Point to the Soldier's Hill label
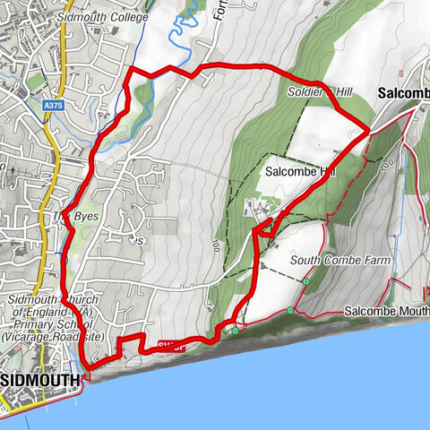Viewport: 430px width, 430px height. pyautogui.click(x=320, y=92)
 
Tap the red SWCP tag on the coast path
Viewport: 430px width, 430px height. pyautogui.click(x=172, y=344)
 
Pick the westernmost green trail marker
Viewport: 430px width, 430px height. pyautogui.click(x=233, y=330)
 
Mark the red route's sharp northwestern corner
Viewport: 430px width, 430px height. pyautogui.click(x=132, y=69)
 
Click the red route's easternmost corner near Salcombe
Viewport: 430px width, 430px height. pyautogui.click(x=369, y=131)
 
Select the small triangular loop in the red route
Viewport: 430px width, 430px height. pyautogui.click(x=262, y=231)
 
